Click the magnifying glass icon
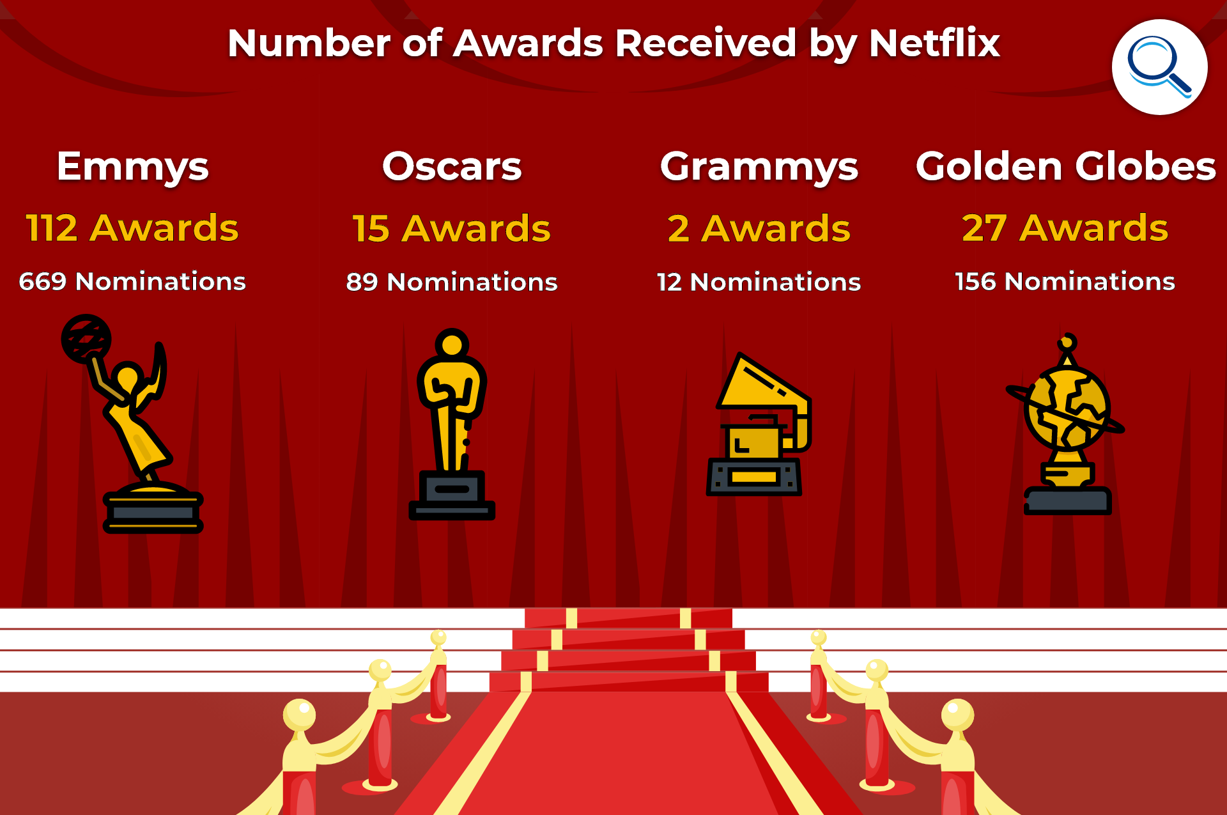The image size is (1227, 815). coord(1159,67)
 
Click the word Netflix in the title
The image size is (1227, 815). coord(934,43)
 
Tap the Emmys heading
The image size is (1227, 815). coord(133,167)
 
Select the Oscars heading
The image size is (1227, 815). coord(452,167)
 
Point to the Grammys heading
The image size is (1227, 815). coord(759,167)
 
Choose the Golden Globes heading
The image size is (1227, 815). coord(1066,166)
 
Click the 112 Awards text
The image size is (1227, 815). coord(132,228)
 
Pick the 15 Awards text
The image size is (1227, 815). coord(452,229)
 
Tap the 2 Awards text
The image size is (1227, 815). coord(759,229)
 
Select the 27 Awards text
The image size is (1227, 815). coord(1065,228)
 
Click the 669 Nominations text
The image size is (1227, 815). coord(132,281)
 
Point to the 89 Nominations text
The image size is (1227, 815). coord(452,282)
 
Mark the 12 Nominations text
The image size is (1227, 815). coord(759,282)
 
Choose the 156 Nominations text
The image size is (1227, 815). coord(1065,281)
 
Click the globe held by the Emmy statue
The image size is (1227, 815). coord(86,339)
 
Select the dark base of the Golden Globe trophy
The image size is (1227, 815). coord(1067,501)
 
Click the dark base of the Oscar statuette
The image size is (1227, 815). coord(452,495)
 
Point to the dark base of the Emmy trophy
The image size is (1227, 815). coord(153,513)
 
